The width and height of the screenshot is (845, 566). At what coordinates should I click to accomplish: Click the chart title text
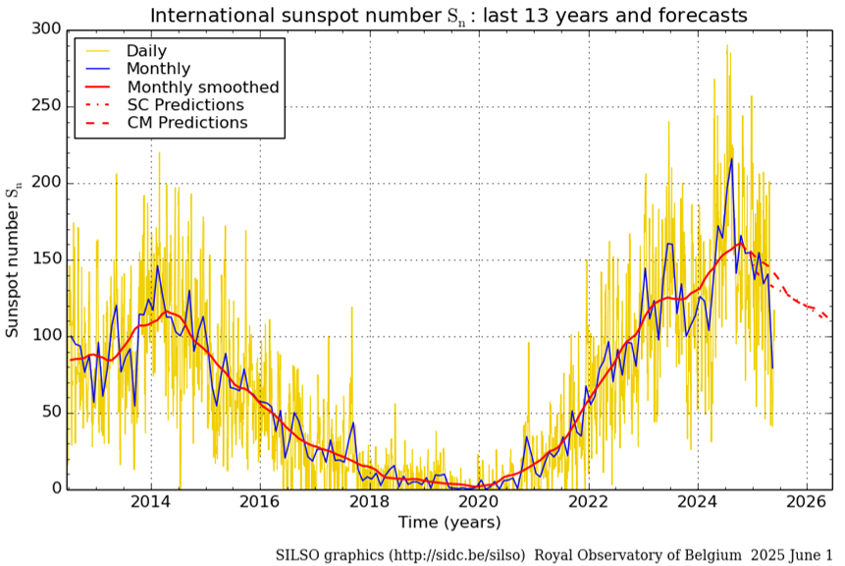pos(448,15)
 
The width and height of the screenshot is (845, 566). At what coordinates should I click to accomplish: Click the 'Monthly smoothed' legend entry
pos(202,86)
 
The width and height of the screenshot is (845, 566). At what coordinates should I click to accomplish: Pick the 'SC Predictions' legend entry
pos(185,105)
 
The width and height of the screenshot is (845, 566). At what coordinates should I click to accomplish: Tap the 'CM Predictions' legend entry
pos(186,123)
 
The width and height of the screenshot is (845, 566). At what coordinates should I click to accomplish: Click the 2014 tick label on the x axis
pos(150,503)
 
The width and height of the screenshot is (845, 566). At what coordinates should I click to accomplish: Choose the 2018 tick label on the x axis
pos(369,503)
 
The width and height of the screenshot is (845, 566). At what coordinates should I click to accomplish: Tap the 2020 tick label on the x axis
pos(479,503)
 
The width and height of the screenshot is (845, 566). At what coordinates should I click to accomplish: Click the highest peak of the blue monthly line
pos(731,158)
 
